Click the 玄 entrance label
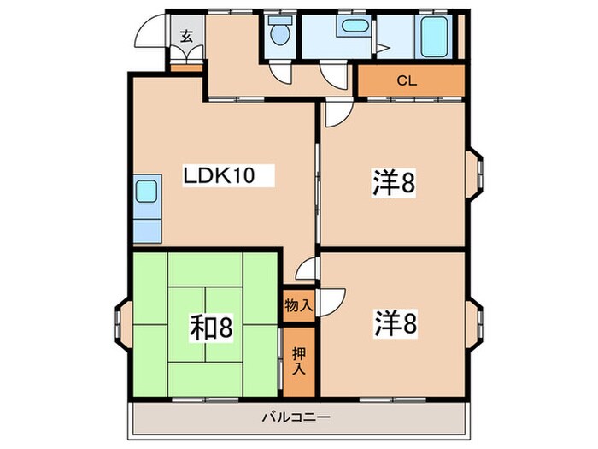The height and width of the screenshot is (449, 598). point(186,36)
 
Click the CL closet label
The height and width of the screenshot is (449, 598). point(407,81)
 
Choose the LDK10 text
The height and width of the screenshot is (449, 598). point(219,176)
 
